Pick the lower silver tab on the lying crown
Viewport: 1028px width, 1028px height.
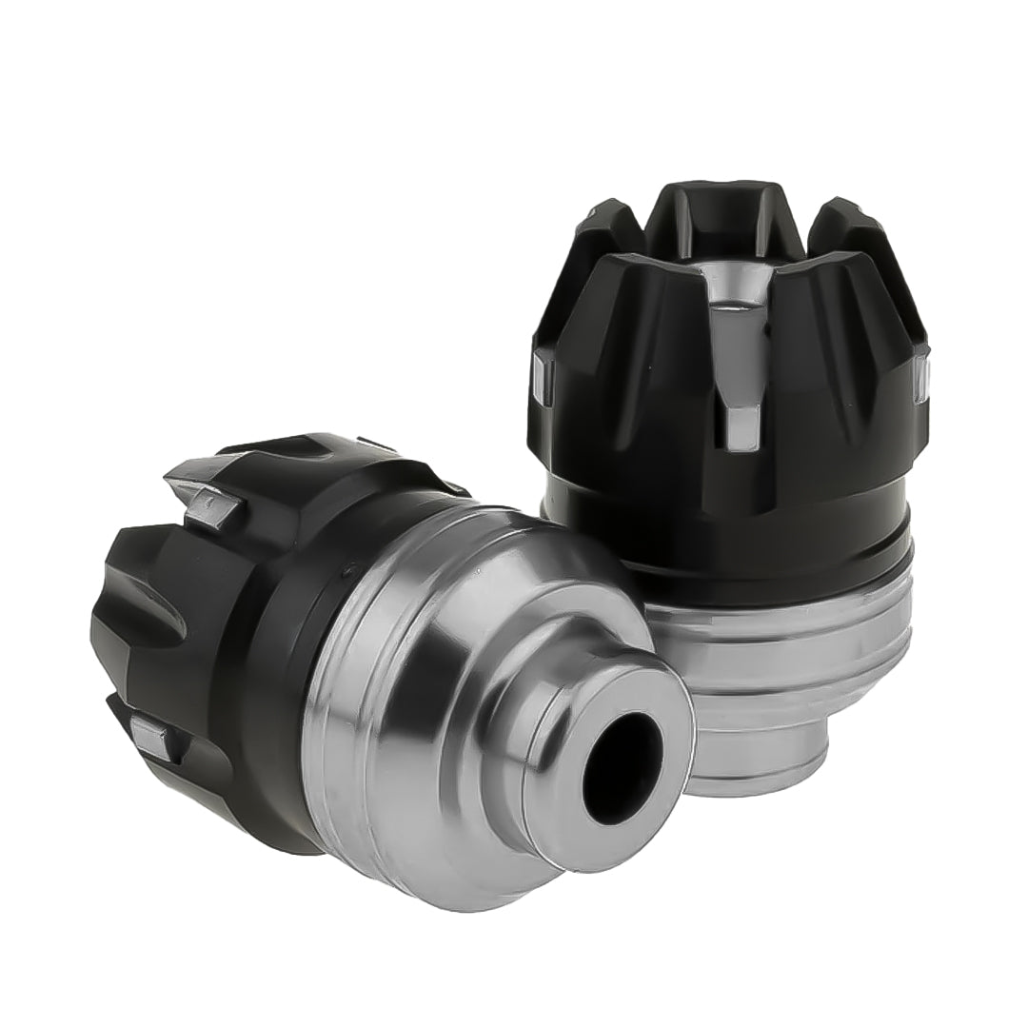coord(155,738)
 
